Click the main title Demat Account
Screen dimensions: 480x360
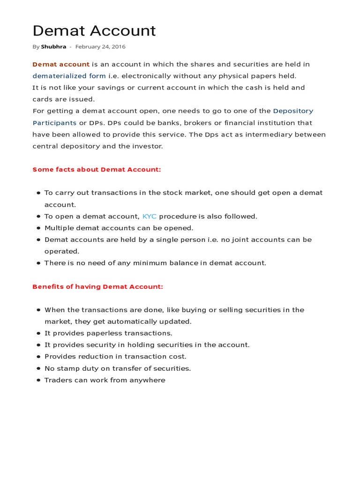coord(94,31)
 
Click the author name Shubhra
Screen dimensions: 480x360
coord(53,47)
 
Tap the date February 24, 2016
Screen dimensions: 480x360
coord(100,47)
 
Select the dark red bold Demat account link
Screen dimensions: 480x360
coord(61,64)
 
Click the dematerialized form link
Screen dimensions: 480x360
coord(69,76)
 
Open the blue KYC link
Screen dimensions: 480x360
coord(150,217)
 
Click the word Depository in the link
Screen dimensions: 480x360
coord(293,111)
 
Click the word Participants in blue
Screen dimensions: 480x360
coord(54,123)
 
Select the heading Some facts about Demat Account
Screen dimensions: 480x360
coord(97,170)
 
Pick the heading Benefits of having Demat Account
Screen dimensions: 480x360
coord(97,287)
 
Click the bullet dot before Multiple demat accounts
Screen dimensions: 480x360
coord(38,228)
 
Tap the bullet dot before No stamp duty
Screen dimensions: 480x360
coord(38,369)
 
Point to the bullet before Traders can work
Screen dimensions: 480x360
coord(38,381)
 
